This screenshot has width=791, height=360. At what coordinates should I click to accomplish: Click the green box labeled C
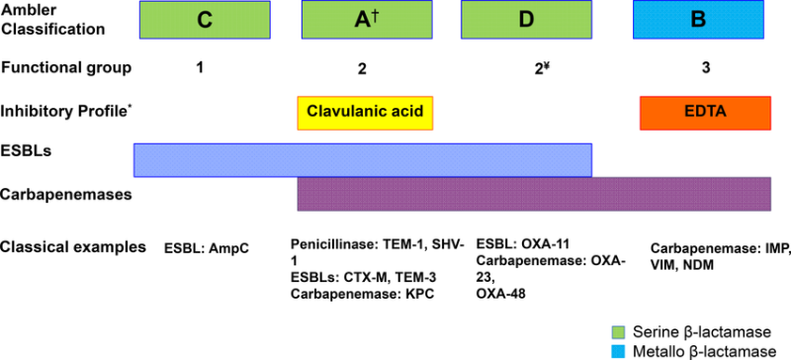point(205,20)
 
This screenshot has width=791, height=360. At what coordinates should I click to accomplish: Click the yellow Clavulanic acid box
point(366,113)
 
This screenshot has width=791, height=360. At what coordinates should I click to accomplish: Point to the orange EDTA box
point(705,112)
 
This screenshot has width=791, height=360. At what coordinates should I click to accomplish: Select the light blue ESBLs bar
point(363,158)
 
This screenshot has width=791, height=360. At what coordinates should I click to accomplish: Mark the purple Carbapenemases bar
point(534,194)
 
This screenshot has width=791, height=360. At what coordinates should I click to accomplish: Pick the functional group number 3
point(704,67)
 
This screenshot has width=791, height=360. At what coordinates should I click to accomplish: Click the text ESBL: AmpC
point(206,249)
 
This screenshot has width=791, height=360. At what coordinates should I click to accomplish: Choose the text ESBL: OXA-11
point(524,244)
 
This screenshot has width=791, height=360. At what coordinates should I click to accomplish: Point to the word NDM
point(706,264)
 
